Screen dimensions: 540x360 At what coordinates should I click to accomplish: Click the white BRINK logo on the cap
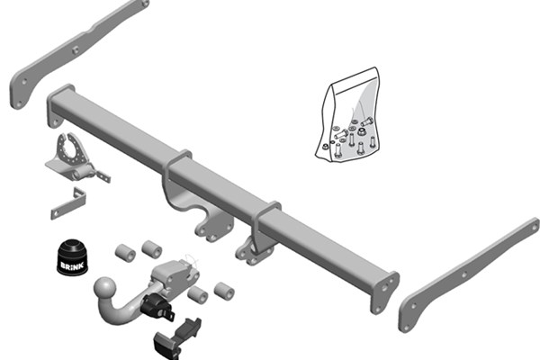click(72, 265)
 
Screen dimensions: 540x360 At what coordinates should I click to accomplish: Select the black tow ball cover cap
click(72, 257)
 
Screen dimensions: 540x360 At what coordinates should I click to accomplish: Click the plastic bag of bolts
click(346, 115)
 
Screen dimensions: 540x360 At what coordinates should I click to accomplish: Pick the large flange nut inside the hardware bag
click(361, 131)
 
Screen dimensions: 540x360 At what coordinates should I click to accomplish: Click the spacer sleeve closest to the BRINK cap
click(125, 253)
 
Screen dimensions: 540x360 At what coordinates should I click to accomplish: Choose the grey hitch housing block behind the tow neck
click(174, 275)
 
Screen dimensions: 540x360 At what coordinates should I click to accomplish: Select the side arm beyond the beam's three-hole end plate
click(469, 274)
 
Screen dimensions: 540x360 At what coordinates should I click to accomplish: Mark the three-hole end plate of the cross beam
click(384, 292)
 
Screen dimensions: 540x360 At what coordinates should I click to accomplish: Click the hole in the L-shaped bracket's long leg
click(56, 214)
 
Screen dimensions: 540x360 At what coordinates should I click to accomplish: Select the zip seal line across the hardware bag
click(354, 86)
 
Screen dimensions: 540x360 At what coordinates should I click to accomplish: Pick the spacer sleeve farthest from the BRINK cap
click(224, 291)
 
